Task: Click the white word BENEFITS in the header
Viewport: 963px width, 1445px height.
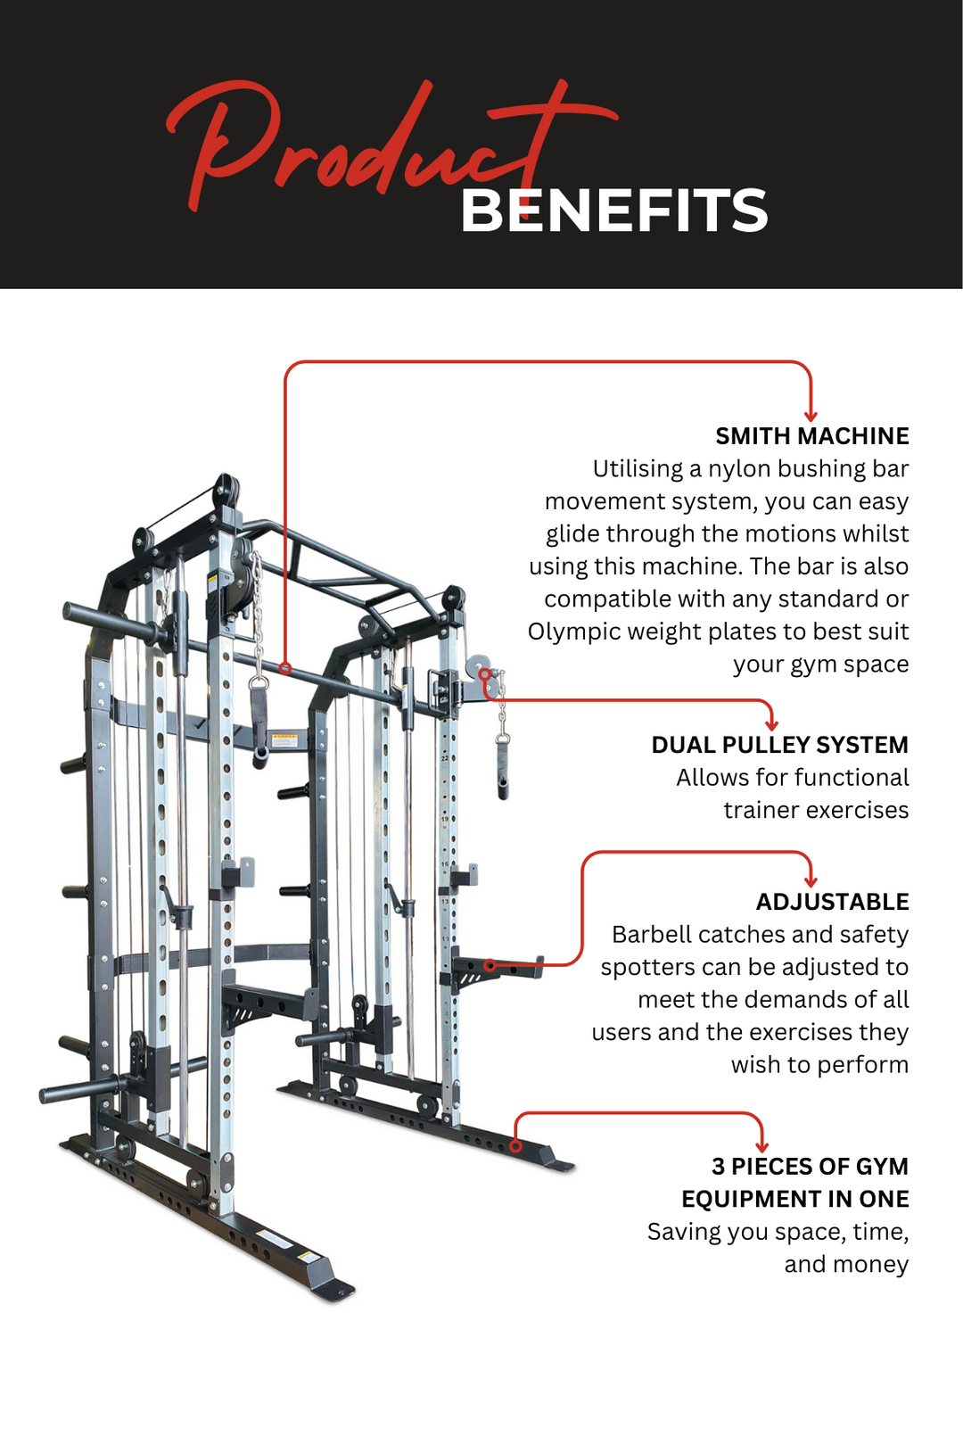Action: point(613,211)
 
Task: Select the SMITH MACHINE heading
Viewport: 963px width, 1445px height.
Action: point(811,436)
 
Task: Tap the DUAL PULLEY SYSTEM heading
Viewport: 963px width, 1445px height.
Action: point(779,745)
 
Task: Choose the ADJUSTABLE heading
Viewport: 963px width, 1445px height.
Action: point(832,902)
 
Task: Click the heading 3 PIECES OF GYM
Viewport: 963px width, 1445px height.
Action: point(810,1167)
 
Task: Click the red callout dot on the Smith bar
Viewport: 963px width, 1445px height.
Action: point(285,667)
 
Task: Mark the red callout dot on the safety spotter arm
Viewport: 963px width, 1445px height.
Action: point(490,965)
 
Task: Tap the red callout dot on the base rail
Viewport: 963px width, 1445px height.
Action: point(516,1146)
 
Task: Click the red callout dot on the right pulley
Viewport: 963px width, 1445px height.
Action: point(484,674)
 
